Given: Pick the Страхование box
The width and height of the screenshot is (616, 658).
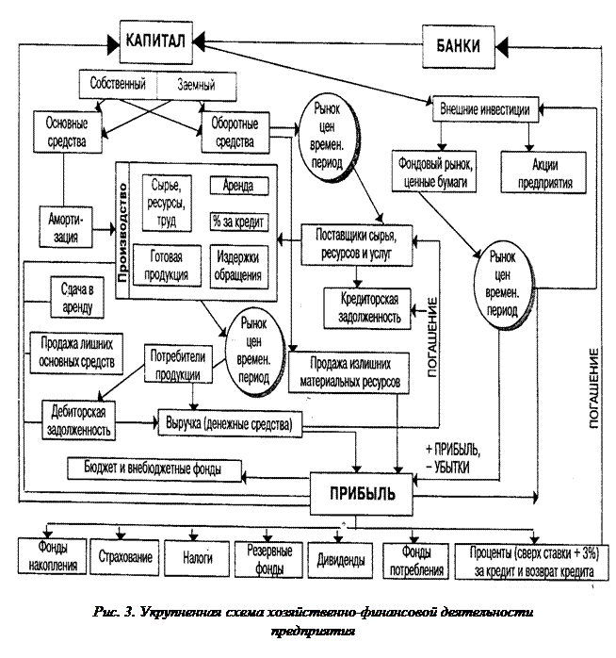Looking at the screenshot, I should click(125, 557).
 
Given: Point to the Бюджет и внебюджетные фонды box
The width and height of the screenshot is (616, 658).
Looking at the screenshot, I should click(156, 468).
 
